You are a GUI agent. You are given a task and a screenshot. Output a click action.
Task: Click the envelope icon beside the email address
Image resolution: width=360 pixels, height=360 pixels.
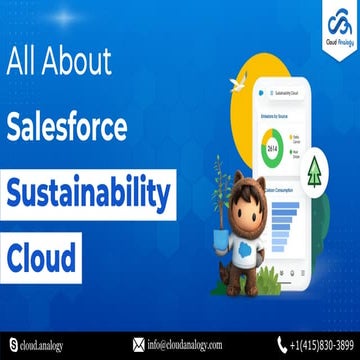(x=137, y=346)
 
